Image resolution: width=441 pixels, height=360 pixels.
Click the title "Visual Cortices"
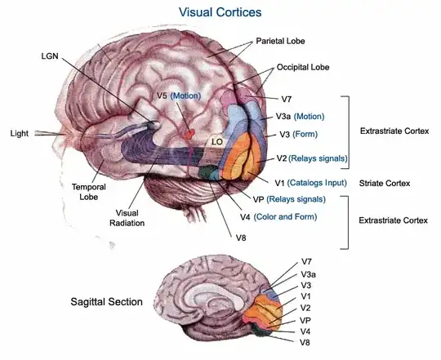click(221, 12)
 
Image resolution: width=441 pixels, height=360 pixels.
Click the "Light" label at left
click(20, 132)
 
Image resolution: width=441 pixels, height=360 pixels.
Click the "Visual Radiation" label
click(128, 216)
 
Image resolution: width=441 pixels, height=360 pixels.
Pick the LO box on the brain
click(218, 142)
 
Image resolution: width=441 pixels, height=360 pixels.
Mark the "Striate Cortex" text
click(385, 183)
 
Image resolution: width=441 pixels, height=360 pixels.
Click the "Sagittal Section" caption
click(106, 302)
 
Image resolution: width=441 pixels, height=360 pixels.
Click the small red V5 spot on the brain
click(189, 130)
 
